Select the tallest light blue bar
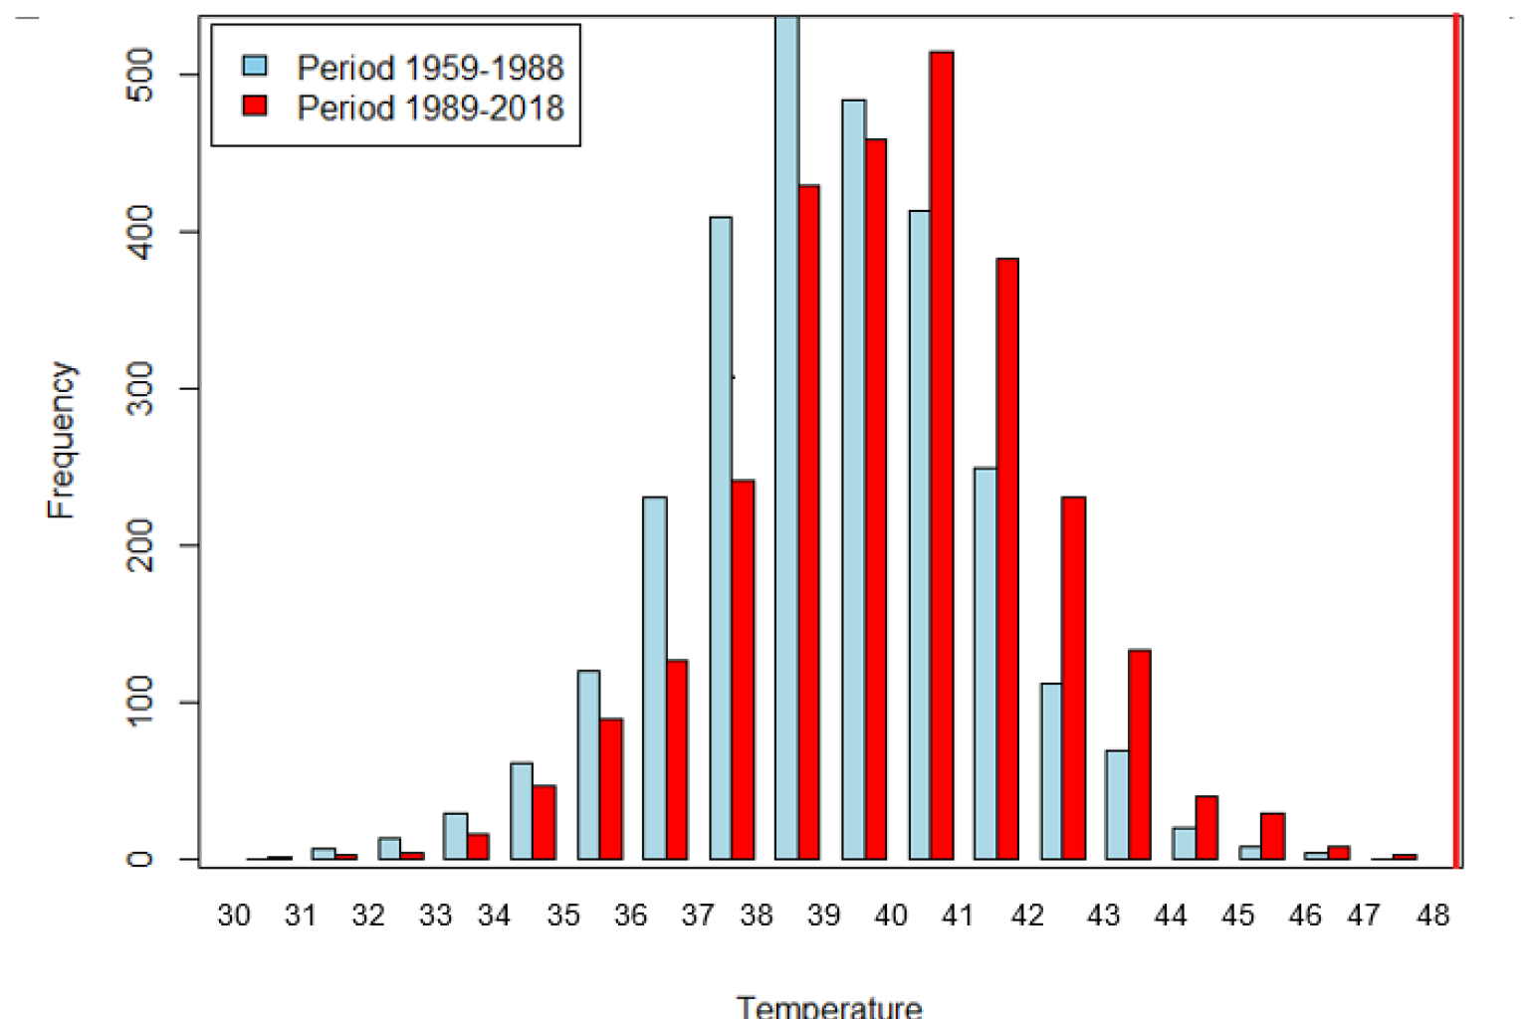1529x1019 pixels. click(786, 438)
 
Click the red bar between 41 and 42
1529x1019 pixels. click(1007, 558)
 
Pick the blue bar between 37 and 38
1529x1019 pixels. click(721, 537)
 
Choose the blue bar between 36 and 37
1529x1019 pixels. click(655, 678)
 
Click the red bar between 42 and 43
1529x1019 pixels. click(1073, 678)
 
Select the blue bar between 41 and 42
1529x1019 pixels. click(984, 663)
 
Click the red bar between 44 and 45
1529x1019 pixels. click(1206, 828)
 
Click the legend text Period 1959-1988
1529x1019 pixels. click(430, 68)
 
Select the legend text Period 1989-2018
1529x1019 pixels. click(430, 107)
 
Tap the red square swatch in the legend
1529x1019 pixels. click(256, 105)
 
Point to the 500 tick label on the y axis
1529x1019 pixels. click(140, 75)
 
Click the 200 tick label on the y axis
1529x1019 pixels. click(140, 545)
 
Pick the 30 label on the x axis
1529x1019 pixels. click(234, 916)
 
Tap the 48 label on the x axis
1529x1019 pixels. click(1432, 916)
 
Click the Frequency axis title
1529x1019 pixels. click(62, 439)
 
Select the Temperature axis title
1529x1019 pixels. click(829, 1007)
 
